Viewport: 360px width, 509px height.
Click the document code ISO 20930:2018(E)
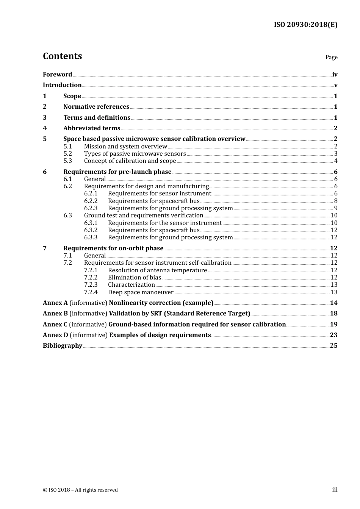click(305, 25)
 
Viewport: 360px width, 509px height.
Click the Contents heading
click(62, 56)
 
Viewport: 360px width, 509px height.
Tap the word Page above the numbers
click(331, 57)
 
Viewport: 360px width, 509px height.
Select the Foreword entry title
click(57, 75)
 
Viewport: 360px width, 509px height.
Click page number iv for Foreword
click(335, 75)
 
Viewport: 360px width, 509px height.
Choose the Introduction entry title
click(62, 85)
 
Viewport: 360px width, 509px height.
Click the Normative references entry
click(96, 107)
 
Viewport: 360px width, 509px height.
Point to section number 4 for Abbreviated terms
click(45, 128)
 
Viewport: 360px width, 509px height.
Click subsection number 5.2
click(68, 154)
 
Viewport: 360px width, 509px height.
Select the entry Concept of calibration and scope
click(130, 161)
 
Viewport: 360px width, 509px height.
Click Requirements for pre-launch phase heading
click(117, 172)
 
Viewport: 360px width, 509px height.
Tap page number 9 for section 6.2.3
click(335, 208)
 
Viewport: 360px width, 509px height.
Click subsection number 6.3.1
click(91, 223)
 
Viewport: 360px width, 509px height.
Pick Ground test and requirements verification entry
click(144, 215)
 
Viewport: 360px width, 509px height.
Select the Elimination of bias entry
click(135, 278)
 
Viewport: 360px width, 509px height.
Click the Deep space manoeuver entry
click(141, 292)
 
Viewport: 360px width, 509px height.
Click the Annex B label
click(55, 314)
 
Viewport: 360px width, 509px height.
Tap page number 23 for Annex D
click(333, 335)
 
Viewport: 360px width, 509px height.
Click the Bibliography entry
click(63, 346)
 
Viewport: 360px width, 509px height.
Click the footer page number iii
click(335, 490)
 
